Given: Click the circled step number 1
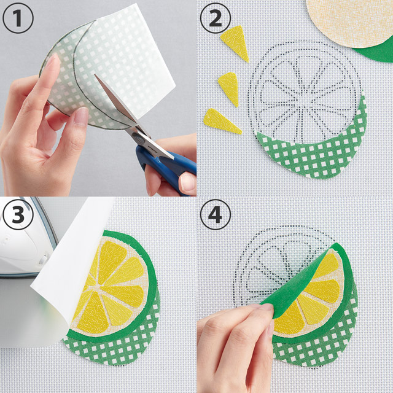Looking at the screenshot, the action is (x=18, y=18).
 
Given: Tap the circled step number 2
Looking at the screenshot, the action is (x=216, y=18).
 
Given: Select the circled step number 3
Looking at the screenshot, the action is (x=18, y=214).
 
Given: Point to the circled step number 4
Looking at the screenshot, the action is (x=216, y=214).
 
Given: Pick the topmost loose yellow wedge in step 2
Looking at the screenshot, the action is (x=236, y=42).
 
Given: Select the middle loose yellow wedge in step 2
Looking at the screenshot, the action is (x=229, y=88).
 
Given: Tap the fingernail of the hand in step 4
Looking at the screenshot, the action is (x=267, y=307).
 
